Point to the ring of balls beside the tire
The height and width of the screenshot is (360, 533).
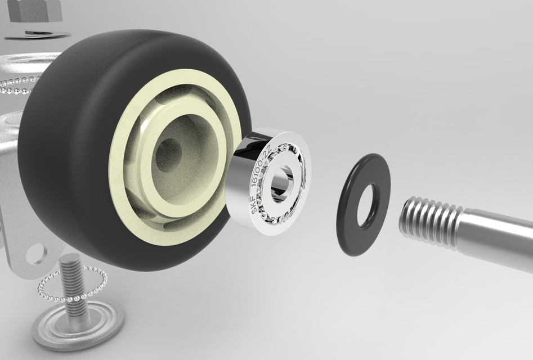pyautogui.click(x=17, y=84)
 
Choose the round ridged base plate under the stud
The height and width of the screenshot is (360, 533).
pyautogui.click(x=79, y=326)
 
